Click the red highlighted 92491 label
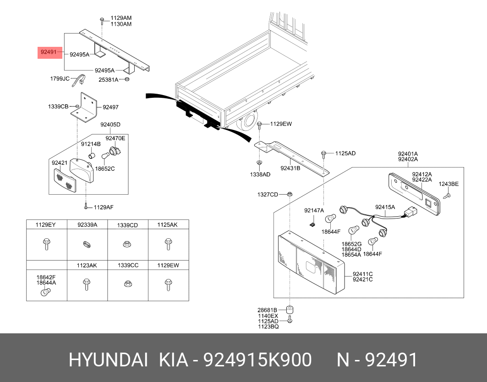click(49, 52)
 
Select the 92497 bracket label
click(110, 107)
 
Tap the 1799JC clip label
click(60, 79)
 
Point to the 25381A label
click(109, 79)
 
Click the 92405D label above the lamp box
click(110, 124)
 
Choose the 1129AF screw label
click(104, 207)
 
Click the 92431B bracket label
click(290, 168)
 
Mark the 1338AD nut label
click(260, 174)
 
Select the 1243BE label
click(449, 184)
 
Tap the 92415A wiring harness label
click(385, 207)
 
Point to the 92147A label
click(314, 210)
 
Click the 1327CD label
click(267, 195)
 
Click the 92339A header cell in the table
click(87, 225)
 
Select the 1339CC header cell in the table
click(127, 265)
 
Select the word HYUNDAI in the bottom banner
click(108, 360)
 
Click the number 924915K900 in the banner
click(258, 360)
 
